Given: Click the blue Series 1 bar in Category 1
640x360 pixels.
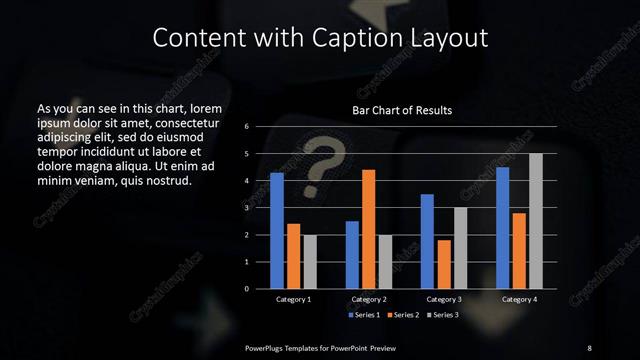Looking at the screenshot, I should (x=277, y=231).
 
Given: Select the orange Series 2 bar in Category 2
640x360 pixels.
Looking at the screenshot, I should (x=369, y=229).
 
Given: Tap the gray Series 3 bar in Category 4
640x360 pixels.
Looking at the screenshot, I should (x=535, y=221).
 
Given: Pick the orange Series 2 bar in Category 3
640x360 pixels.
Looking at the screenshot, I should (x=443, y=264).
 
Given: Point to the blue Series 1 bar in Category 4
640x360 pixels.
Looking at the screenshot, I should (x=503, y=228).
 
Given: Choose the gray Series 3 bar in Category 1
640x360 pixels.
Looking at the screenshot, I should (x=309, y=262).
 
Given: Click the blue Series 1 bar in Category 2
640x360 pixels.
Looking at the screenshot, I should (x=352, y=255).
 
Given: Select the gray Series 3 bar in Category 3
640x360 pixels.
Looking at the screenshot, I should (x=460, y=248).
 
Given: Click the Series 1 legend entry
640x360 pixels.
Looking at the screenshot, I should (x=363, y=315).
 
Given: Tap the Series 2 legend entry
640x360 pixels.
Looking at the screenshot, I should (x=402, y=315).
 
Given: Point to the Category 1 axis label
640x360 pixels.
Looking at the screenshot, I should (x=293, y=299).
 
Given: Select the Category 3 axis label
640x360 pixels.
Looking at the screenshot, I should (x=443, y=299).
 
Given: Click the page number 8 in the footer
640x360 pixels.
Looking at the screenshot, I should (x=589, y=347).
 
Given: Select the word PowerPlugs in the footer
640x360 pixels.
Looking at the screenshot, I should (x=269, y=347).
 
